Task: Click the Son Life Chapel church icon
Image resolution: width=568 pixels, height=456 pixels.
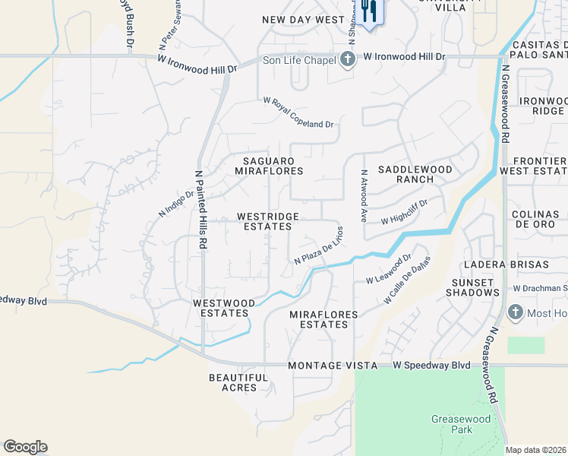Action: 348,59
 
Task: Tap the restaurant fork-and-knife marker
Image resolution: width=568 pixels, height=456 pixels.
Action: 370,12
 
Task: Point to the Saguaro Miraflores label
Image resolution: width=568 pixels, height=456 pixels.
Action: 273,166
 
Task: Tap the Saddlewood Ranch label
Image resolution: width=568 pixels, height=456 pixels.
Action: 415,174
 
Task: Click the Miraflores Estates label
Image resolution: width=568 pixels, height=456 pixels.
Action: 319,319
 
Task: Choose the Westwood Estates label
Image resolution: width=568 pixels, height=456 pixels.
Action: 221,308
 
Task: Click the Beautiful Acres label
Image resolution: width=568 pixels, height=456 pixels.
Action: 238,382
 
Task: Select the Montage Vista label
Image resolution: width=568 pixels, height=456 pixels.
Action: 333,366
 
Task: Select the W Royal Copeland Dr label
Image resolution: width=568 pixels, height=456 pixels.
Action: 298,112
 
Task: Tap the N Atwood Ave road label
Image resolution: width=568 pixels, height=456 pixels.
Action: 364,195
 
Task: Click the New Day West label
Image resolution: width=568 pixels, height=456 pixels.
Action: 298,20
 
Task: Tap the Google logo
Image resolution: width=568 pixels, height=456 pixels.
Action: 25,447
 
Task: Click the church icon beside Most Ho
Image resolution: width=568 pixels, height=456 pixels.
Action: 515,312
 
